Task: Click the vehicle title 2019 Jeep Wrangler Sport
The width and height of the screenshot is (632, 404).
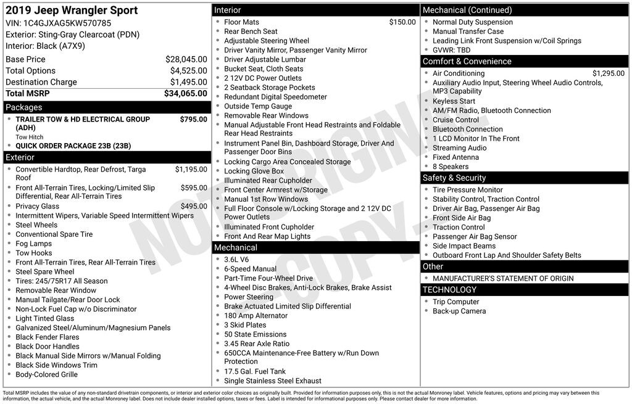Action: tap(72, 10)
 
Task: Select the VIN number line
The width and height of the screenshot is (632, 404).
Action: tap(59, 23)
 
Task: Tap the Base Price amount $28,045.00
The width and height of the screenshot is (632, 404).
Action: tap(186, 59)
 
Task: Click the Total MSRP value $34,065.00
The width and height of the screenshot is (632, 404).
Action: tap(185, 94)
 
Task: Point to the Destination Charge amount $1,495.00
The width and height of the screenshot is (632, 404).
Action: tap(188, 82)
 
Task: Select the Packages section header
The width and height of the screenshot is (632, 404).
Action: tap(24, 107)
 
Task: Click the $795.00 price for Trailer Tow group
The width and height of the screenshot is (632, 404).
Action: tap(193, 119)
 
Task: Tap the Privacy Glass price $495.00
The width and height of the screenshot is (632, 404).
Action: tap(194, 206)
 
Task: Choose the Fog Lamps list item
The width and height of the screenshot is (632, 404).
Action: tap(34, 244)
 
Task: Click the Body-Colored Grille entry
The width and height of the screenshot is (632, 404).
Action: tap(46, 374)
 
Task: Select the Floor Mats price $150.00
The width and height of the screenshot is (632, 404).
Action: tap(402, 22)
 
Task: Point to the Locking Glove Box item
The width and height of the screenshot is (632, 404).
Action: tap(254, 171)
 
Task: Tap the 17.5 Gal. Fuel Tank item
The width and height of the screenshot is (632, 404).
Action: tap(255, 371)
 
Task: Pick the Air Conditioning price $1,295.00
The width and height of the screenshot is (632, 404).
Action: tap(608, 73)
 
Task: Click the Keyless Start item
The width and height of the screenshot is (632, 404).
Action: tap(454, 101)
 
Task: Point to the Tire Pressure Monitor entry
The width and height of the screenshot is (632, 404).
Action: tap(467, 190)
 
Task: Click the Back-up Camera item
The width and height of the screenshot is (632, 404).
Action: tap(459, 311)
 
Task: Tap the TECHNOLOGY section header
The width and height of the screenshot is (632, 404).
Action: tap(449, 289)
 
